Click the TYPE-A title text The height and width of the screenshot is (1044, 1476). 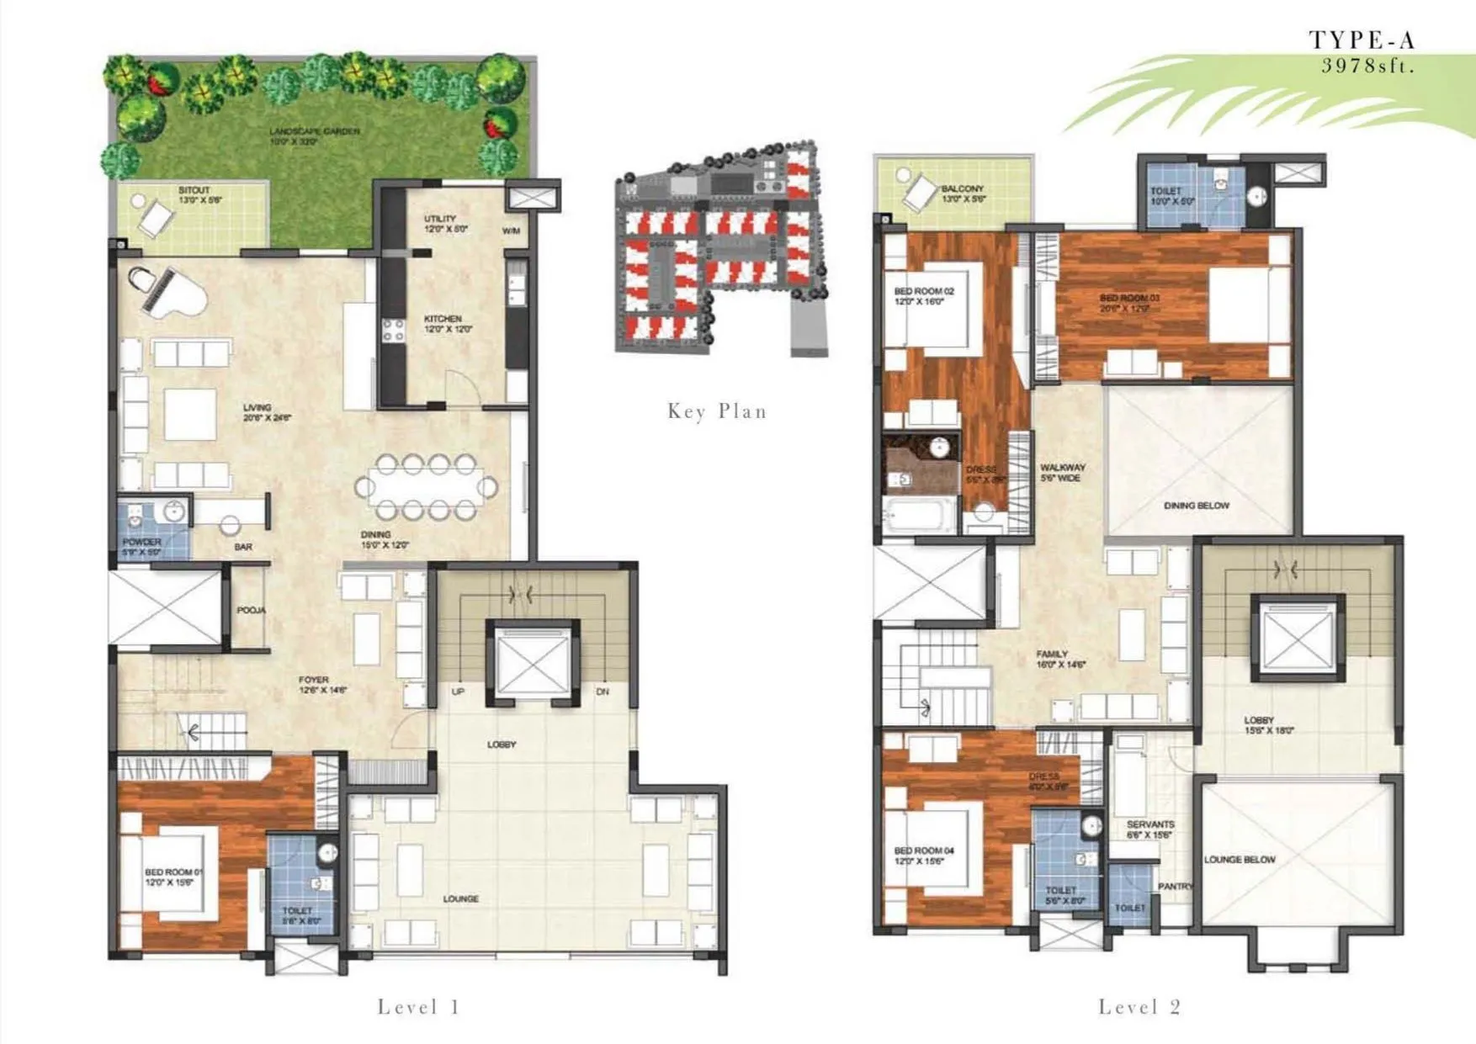[1362, 40]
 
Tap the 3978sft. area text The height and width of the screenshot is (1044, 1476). [1367, 66]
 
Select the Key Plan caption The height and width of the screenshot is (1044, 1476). [717, 411]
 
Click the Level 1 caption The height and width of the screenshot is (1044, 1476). [418, 1007]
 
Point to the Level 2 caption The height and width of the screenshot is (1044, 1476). [1139, 1007]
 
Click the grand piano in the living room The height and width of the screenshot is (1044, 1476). [165, 291]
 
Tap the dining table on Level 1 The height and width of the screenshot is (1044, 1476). [427, 487]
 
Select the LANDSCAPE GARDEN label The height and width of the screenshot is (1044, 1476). [315, 131]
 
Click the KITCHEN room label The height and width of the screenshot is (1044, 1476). [443, 319]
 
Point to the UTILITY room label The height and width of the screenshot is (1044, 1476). [440, 219]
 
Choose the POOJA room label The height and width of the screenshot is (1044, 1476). [251, 610]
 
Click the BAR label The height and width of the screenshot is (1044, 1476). [243, 547]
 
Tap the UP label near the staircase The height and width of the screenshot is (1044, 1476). [458, 692]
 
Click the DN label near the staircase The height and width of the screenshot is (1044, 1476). [603, 692]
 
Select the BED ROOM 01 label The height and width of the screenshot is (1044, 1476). [173, 872]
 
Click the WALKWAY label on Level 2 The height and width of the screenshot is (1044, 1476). [1063, 467]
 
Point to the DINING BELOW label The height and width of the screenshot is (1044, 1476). [1197, 506]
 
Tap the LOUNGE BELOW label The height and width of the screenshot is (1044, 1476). [1240, 860]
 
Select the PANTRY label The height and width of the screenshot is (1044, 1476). [1175, 887]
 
